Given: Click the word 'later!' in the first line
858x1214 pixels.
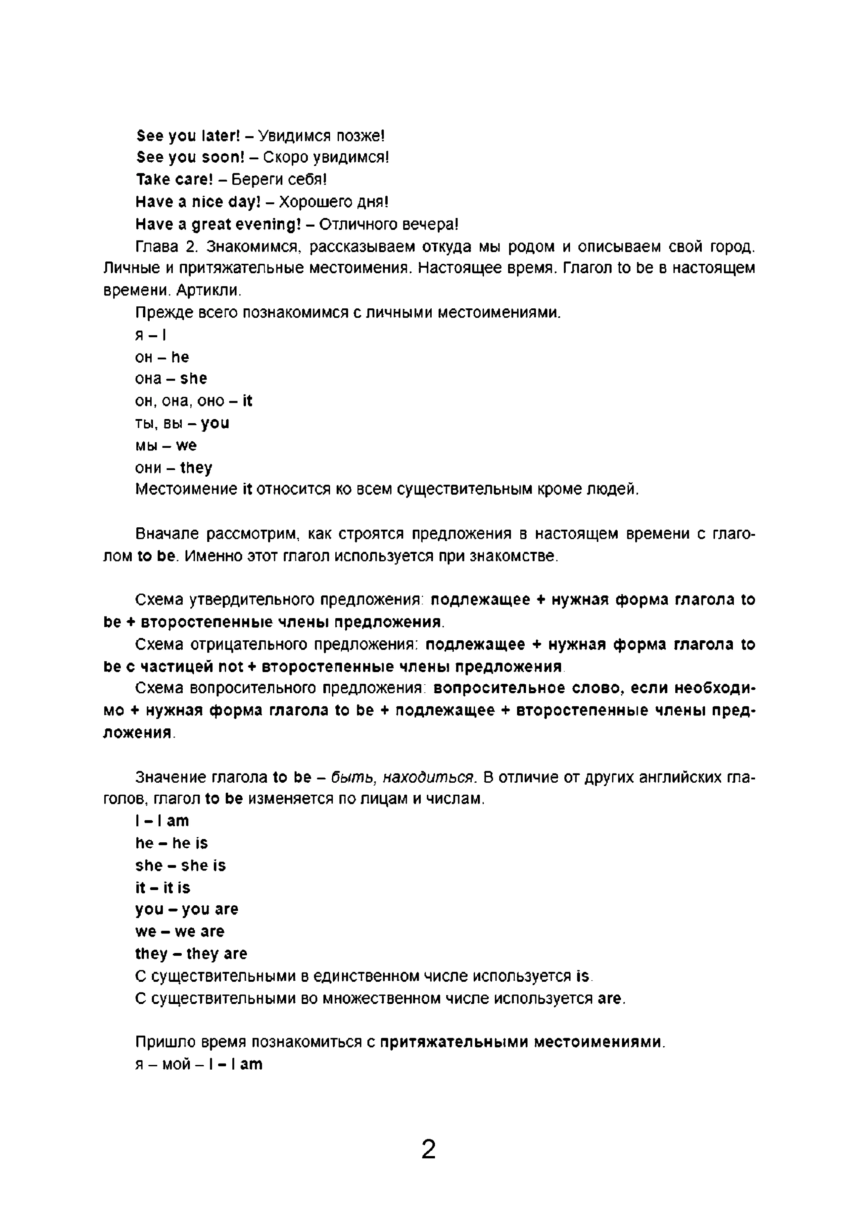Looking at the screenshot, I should [x=221, y=136].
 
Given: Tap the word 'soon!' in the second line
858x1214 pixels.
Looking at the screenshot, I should [x=223, y=158].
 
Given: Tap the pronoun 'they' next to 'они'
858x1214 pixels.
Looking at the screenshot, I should [x=196, y=468].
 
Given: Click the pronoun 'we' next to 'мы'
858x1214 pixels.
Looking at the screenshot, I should [x=186, y=446].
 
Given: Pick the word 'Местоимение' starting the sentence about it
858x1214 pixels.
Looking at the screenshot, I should [x=186, y=490].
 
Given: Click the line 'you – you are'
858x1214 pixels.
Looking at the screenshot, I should [x=186, y=910].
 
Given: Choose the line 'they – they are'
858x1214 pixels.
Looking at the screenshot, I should [x=191, y=954].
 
